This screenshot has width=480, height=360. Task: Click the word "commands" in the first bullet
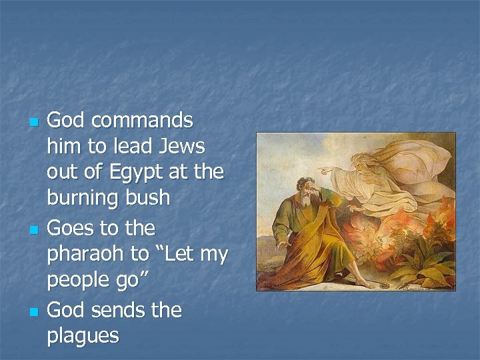(141, 121)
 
